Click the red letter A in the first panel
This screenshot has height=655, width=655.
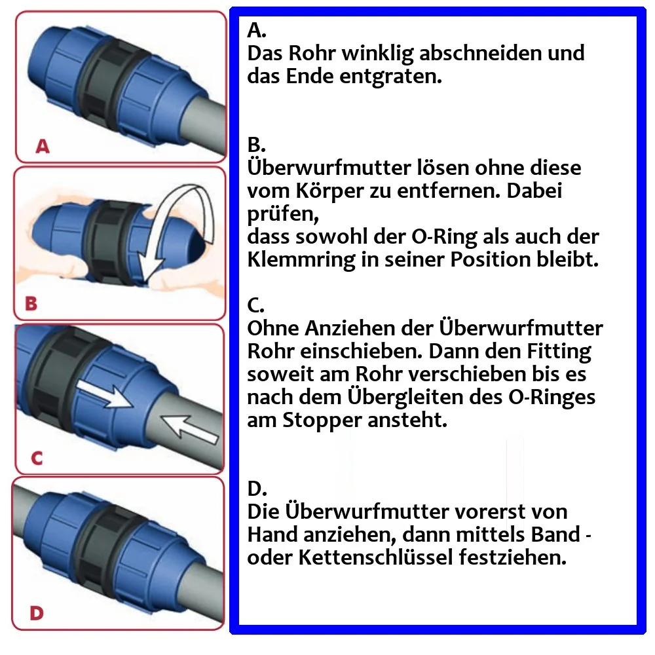(43, 147)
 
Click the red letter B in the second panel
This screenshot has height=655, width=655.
(31, 304)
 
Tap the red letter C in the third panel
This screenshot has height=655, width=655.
(37, 458)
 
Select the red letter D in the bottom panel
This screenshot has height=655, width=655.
(37, 614)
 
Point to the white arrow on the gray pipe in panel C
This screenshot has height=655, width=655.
(191, 429)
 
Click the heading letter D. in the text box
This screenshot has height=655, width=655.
(256, 489)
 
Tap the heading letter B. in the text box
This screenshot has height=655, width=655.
(255, 145)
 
